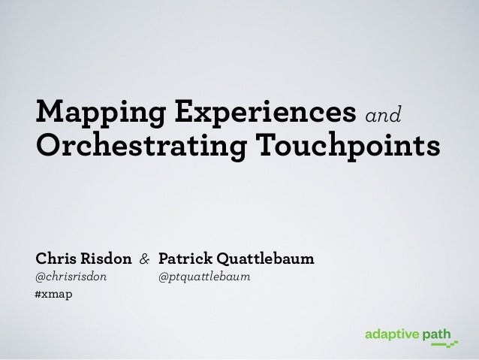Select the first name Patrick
point(184,260)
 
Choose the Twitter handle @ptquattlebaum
point(203,277)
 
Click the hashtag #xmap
point(54,294)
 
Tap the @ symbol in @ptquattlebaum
point(163,277)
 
